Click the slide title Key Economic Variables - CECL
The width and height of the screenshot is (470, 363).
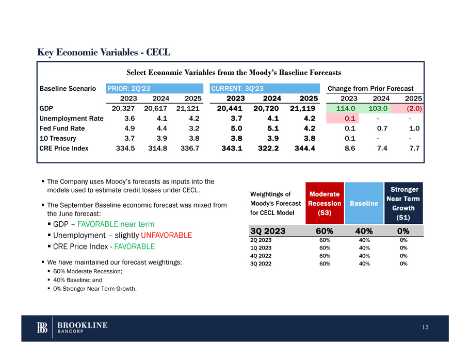click(x=104, y=53)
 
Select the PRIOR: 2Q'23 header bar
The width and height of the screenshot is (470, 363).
click(x=154, y=88)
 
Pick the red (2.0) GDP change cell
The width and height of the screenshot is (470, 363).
click(x=408, y=108)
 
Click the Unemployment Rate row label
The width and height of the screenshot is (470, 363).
click(x=71, y=118)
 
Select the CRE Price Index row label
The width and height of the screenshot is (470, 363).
click(x=64, y=148)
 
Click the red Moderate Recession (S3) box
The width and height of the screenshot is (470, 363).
click(x=325, y=203)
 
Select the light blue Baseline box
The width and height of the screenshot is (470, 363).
click(x=364, y=203)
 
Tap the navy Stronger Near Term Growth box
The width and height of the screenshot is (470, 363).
click(x=403, y=203)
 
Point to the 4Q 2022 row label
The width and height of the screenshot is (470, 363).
click(x=261, y=255)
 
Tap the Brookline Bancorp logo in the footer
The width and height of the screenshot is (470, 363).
click(x=72, y=328)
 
